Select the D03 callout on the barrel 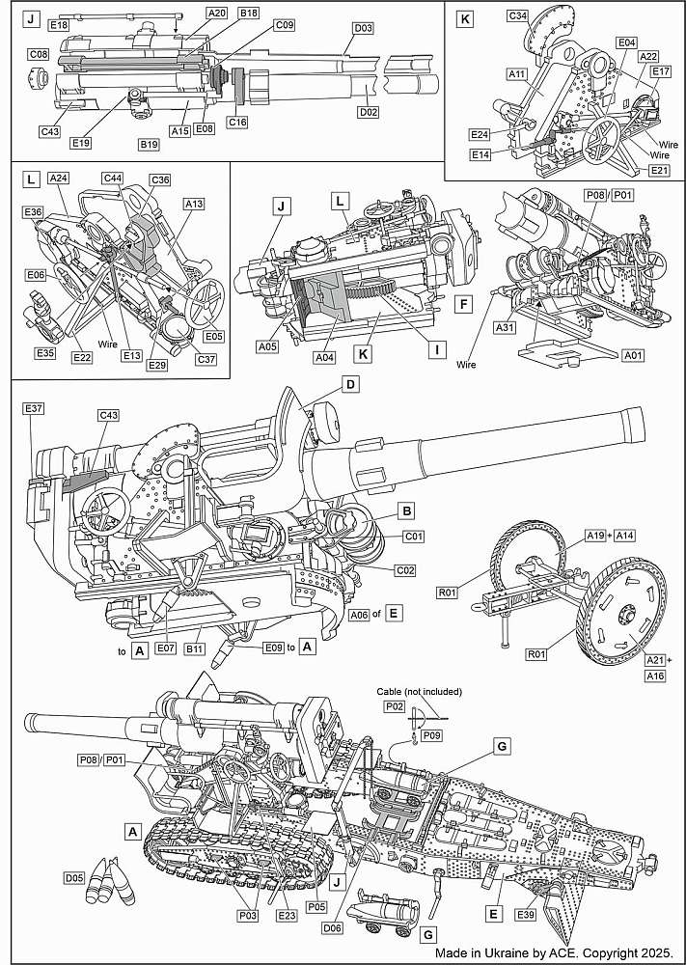pyautogui.click(x=364, y=28)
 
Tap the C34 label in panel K pyautogui.click(x=518, y=16)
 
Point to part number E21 pyautogui.click(x=659, y=170)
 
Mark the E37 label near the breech pyautogui.click(x=34, y=409)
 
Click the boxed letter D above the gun pyautogui.click(x=351, y=384)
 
